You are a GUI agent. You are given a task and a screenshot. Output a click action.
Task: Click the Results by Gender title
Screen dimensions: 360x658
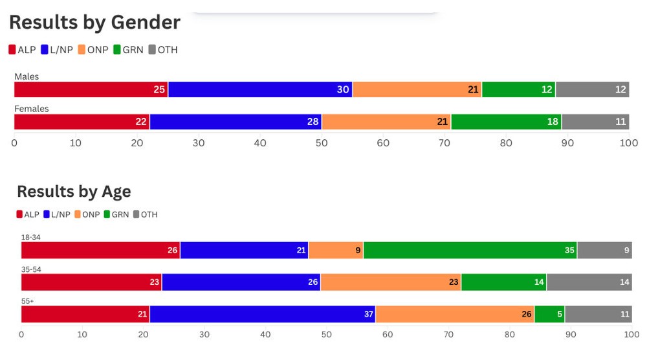(94, 23)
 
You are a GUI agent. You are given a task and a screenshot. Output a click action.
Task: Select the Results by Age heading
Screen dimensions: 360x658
(74, 192)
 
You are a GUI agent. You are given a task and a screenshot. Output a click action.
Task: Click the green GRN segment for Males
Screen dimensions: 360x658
(518, 89)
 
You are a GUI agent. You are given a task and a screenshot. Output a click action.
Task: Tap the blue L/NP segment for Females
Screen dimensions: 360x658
(236, 122)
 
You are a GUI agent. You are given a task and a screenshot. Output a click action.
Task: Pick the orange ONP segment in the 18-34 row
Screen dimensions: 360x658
(336, 250)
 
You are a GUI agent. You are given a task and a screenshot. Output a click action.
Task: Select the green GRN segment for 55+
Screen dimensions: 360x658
(549, 314)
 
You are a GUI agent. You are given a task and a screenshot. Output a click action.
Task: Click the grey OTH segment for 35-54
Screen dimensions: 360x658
(589, 282)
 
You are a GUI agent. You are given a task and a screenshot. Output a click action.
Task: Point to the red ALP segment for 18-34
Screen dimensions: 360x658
(100, 250)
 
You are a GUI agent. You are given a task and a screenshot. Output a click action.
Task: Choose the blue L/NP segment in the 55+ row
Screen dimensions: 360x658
(262, 314)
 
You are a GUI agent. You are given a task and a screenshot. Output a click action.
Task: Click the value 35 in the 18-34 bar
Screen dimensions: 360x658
(569, 250)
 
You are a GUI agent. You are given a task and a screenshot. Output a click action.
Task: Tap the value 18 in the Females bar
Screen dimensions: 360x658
(553, 122)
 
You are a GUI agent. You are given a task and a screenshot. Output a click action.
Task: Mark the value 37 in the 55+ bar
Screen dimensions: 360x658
(368, 314)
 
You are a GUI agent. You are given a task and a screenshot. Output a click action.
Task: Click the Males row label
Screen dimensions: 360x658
(27, 76)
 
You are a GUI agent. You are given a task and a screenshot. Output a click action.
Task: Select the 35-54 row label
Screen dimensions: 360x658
(31, 269)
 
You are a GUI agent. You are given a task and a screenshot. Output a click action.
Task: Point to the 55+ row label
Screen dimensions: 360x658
(27, 301)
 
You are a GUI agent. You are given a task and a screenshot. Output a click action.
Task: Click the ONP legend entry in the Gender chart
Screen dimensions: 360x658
(93, 50)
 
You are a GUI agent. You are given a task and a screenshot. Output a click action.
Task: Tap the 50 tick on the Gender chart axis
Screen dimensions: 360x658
(322, 142)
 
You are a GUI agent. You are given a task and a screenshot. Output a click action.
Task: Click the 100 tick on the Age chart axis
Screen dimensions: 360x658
(631, 335)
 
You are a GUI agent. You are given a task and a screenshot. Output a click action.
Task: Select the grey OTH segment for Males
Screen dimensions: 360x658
(592, 89)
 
